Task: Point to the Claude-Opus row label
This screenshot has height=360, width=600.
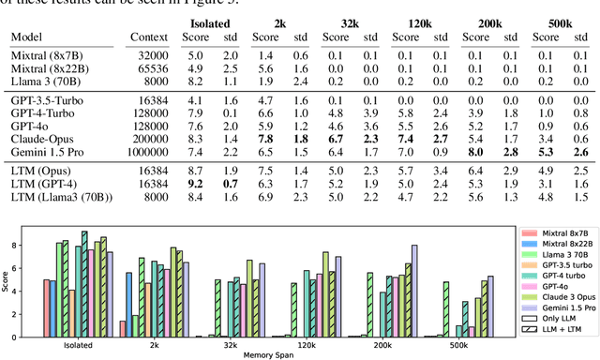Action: pyautogui.click(x=42, y=138)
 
